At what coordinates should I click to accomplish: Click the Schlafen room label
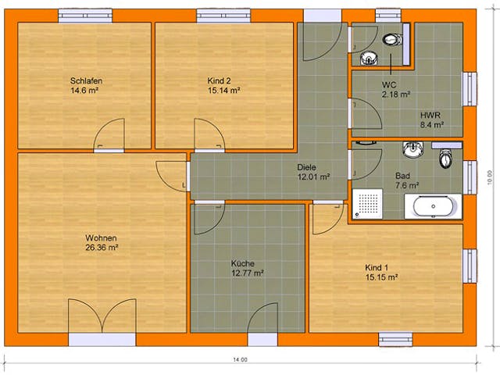coord(86,80)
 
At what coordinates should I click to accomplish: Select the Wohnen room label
coord(102,237)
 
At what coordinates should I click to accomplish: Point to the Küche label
coord(243,264)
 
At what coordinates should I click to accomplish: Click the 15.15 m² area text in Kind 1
coord(381,277)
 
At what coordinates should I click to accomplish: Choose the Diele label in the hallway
coord(306,167)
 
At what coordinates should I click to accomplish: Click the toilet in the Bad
coord(446,159)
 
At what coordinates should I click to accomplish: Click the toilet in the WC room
coord(391,40)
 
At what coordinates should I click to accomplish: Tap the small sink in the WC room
coord(367,57)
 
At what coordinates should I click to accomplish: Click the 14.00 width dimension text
coord(239,360)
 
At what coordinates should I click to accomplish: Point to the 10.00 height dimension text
coord(489,175)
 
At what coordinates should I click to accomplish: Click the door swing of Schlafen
coord(112,134)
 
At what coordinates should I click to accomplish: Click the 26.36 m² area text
coord(102,248)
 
